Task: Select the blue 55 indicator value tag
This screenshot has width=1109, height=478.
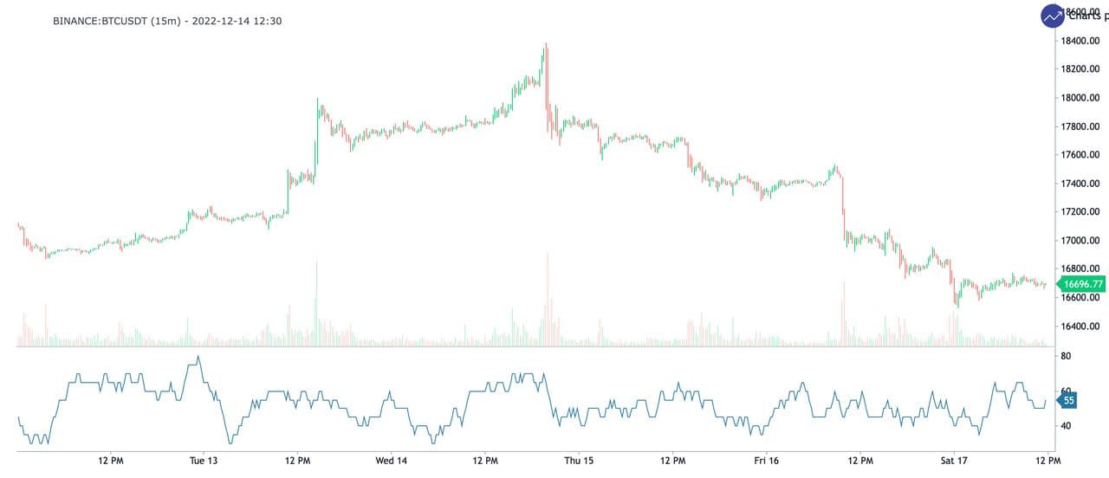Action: coord(1069,401)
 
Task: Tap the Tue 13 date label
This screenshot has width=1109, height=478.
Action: coord(203,460)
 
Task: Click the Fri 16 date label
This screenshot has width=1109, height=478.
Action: coord(766,460)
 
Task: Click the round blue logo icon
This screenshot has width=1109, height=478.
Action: coord(1053,16)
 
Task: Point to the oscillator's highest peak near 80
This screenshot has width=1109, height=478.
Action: coord(198,357)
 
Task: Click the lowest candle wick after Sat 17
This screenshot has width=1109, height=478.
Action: coord(957,306)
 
